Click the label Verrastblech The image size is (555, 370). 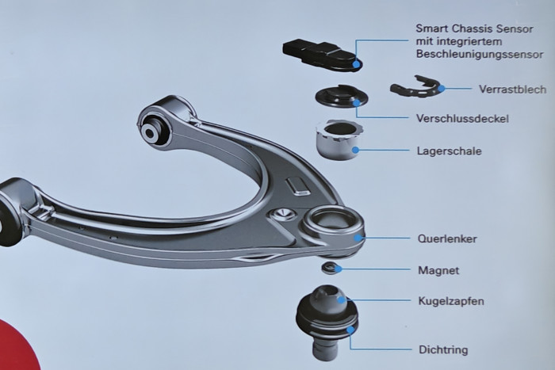coord(512,89)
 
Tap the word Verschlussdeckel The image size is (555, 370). coord(462,118)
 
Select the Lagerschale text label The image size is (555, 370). coord(450,151)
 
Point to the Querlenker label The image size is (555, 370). coord(447,238)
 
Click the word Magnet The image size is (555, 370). coord(438,270)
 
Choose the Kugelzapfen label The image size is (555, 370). coord(451,301)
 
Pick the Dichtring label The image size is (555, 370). coord(443,350)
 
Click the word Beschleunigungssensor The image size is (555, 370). coord(480,55)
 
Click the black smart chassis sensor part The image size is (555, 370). coord(321,55)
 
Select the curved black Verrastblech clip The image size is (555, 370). coord(417,87)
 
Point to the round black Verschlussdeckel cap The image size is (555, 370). coord(342,96)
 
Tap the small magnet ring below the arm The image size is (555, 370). coord(330,268)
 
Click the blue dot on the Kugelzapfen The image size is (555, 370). coord(342,300)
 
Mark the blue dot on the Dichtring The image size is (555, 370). coord(350,330)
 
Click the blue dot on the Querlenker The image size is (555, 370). coord(359,238)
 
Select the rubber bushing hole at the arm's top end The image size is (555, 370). coord(150,133)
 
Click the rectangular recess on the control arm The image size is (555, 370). coord(297,185)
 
